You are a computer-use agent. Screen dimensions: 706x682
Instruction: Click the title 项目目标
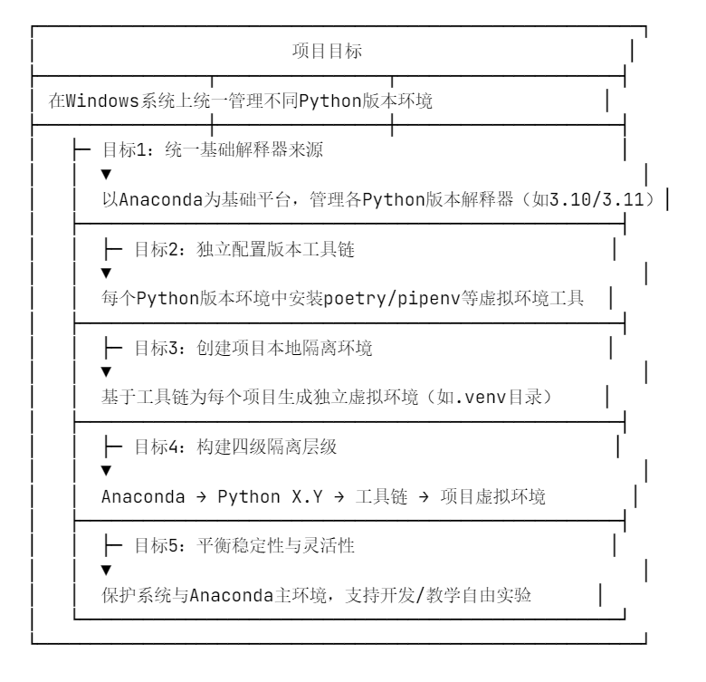[327, 52]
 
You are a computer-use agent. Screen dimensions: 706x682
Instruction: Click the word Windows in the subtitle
[101, 101]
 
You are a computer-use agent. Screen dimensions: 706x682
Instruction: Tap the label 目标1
[129, 150]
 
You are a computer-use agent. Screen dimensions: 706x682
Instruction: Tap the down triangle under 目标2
[106, 272]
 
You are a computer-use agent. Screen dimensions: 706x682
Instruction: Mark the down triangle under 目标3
[106, 370]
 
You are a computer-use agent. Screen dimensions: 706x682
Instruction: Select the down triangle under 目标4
[106, 469]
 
